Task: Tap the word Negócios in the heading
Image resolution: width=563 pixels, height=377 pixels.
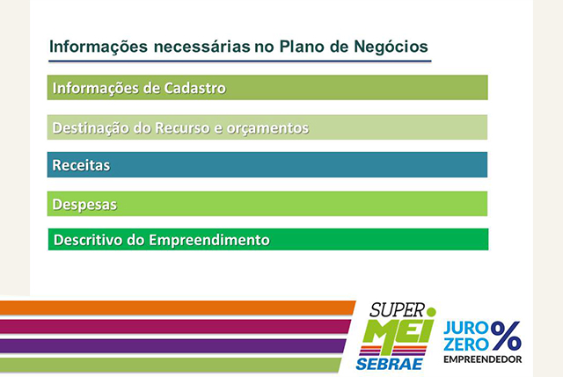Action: (x=391, y=47)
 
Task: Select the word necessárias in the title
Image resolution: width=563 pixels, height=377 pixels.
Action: (x=201, y=47)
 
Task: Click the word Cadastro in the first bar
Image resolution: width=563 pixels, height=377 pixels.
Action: (x=194, y=88)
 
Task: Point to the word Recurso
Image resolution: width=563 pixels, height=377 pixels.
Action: (x=182, y=127)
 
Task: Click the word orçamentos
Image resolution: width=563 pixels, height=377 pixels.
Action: (x=267, y=128)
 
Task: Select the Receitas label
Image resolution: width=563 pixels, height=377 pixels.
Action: (x=81, y=165)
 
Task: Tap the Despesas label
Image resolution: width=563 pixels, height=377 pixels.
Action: (x=84, y=205)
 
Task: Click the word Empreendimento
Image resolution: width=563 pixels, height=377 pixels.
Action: (x=209, y=240)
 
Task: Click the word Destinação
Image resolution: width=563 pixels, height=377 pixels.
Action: (x=91, y=128)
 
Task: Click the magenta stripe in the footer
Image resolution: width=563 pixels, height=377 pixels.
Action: (x=175, y=327)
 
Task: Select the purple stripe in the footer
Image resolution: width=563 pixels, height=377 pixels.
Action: (x=173, y=345)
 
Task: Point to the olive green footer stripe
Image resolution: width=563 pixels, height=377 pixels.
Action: (x=171, y=365)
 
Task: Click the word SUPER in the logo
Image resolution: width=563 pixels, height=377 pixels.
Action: (x=397, y=310)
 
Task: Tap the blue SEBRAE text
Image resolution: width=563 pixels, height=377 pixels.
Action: (x=389, y=364)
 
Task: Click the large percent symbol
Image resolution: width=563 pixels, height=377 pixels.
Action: (x=506, y=336)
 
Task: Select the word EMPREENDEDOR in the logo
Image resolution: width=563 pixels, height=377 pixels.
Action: (x=483, y=359)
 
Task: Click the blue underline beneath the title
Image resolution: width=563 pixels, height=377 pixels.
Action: (x=240, y=61)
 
